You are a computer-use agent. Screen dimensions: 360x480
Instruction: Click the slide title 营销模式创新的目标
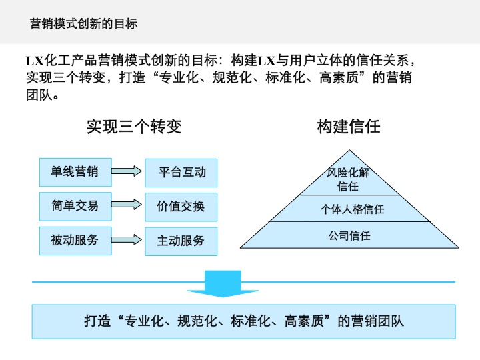click(84, 24)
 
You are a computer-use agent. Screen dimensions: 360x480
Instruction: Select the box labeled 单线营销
click(75, 172)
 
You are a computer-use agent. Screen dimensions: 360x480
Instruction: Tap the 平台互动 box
click(181, 173)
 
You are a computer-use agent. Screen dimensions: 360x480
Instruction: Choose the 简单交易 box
click(75, 206)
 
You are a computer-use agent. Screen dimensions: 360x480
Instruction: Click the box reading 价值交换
click(181, 207)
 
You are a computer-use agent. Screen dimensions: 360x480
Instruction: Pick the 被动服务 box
click(75, 240)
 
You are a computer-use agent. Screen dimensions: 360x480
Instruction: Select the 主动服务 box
click(181, 241)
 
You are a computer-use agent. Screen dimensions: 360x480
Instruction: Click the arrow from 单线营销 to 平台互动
click(127, 172)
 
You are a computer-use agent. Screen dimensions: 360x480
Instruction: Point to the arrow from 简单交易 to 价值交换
click(127, 206)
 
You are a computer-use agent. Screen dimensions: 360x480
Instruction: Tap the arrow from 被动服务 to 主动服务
click(127, 240)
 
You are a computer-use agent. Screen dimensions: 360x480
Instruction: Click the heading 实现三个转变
click(134, 127)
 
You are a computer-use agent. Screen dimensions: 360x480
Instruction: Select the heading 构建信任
click(349, 127)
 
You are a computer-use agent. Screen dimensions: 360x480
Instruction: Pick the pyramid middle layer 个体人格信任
click(352, 209)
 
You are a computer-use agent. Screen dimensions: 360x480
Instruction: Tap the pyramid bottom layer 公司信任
click(349, 235)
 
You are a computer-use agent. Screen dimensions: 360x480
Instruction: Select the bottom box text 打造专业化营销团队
click(244, 321)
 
